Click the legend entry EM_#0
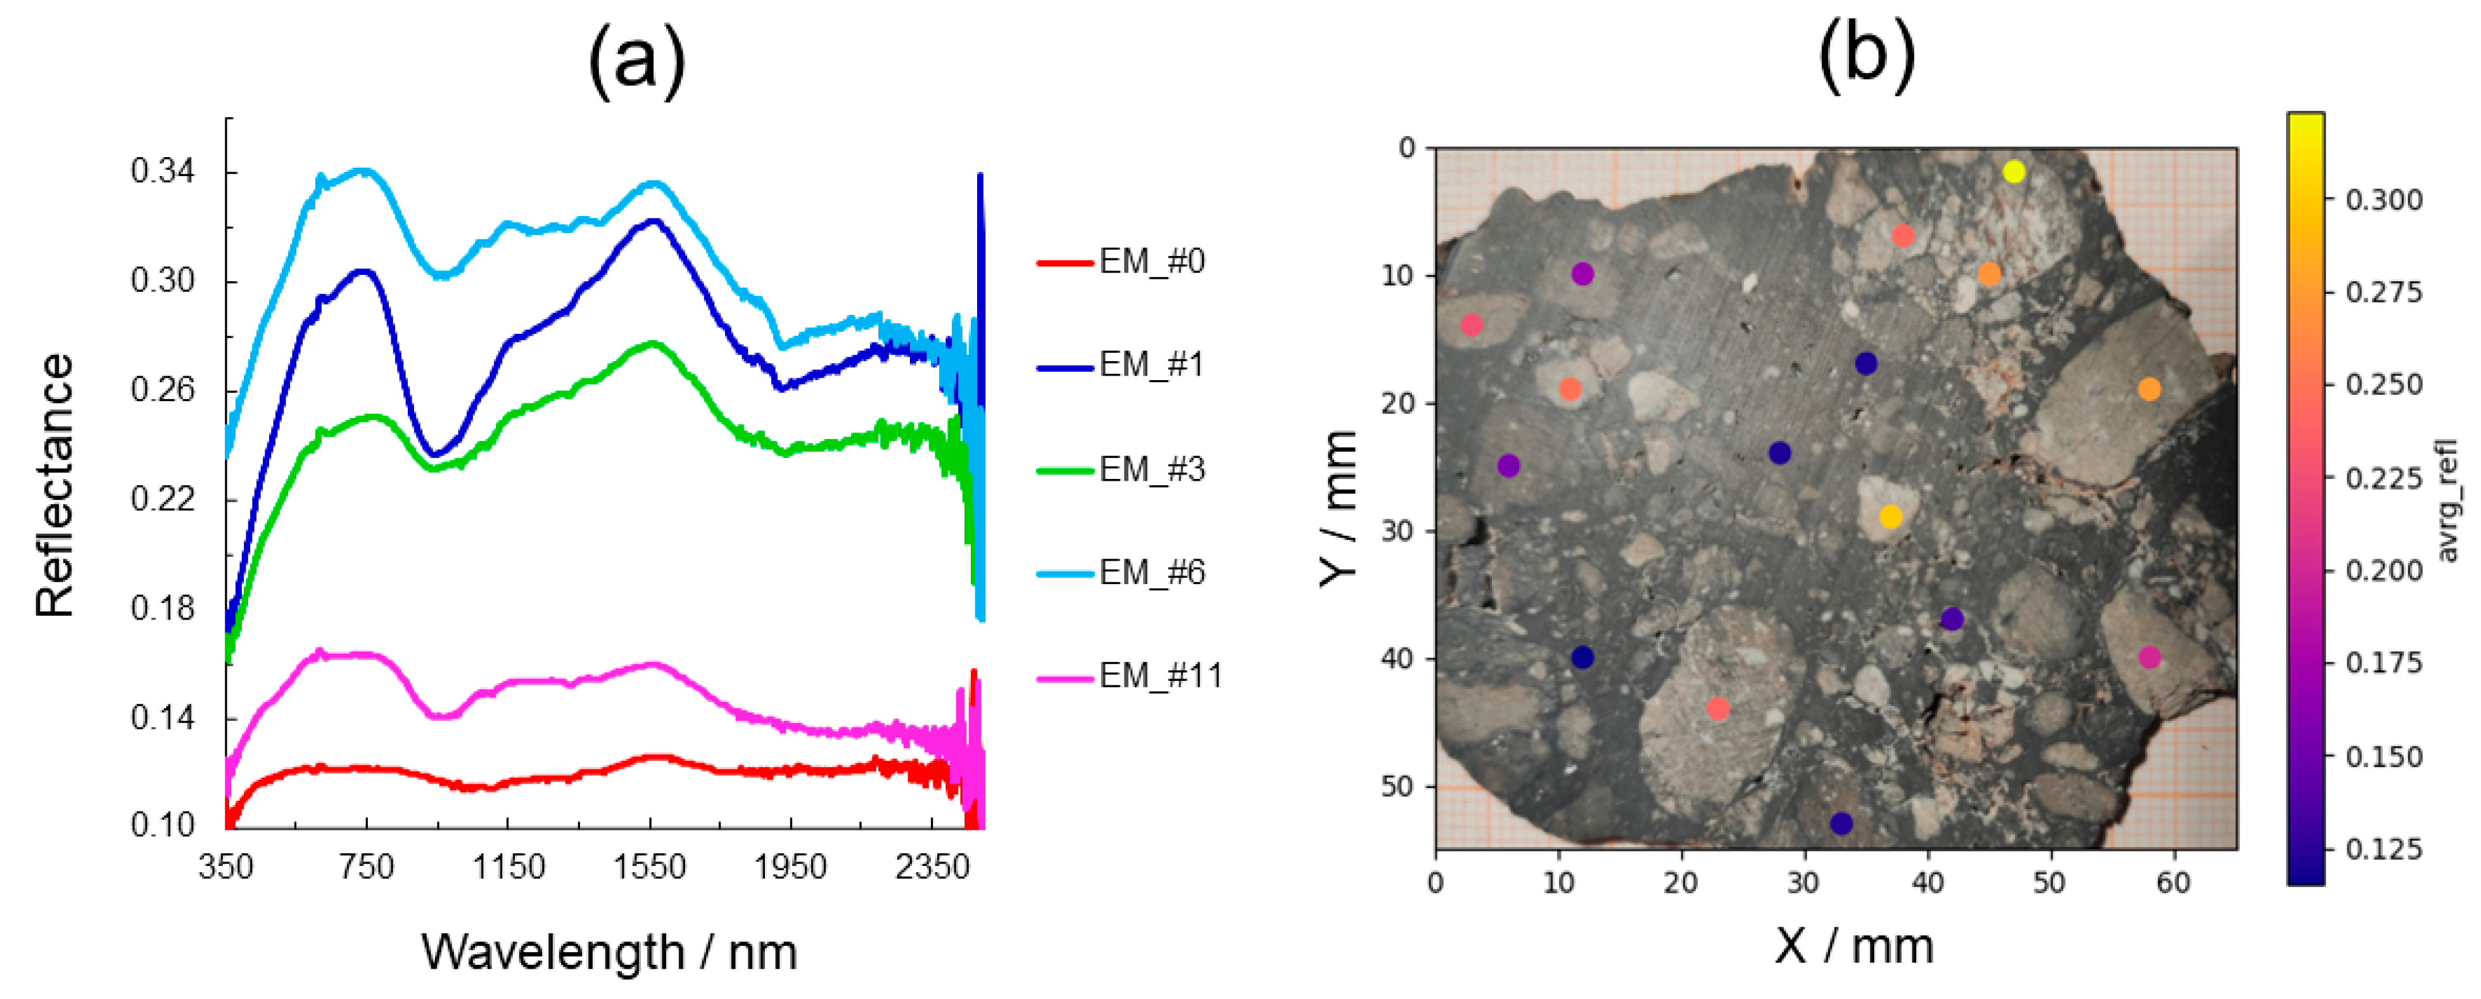click(x=1151, y=261)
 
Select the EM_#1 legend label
click(x=1151, y=364)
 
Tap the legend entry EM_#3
click(x=1151, y=469)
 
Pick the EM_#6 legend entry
click(x=1151, y=572)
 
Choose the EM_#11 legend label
click(x=1159, y=675)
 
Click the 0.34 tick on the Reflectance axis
click(x=162, y=172)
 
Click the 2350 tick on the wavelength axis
click(x=931, y=867)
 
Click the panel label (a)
click(x=636, y=60)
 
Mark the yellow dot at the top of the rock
click(x=2014, y=172)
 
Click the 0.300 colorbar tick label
click(x=2383, y=200)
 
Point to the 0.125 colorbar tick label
click(x=2383, y=849)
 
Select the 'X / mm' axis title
click(x=1854, y=945)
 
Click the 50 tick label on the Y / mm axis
click(x=1398, y=786)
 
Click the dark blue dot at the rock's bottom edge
click(x=1841, y=823)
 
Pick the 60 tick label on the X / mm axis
click(x=2173, y=882)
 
